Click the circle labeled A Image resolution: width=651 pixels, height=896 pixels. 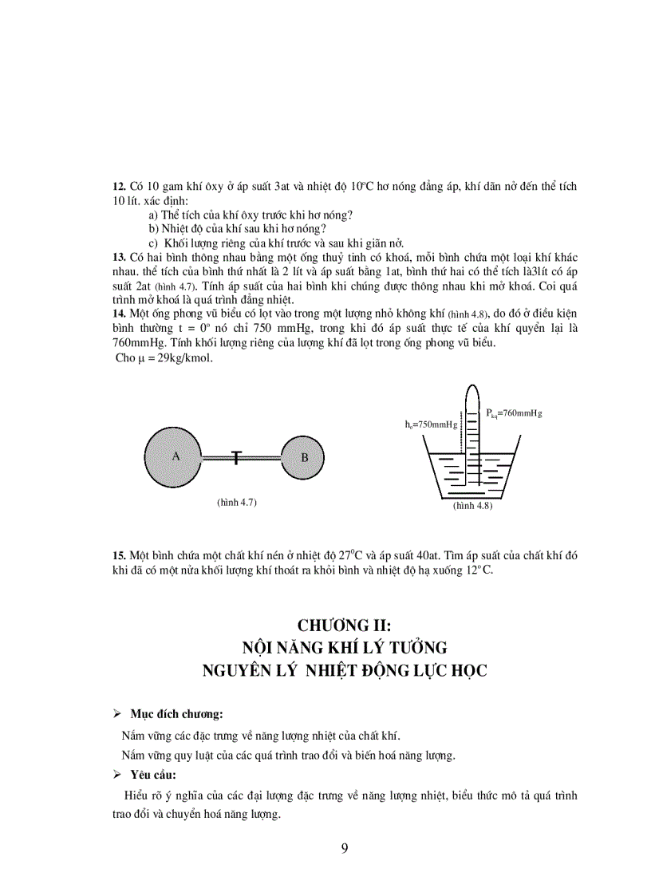pyautogui.click(x=174, y=456)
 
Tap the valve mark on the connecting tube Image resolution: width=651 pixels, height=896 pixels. pyautogui.click(x=236, y=456)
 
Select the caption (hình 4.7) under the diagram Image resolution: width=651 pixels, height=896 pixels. pyautogui.click(x=236, y=502)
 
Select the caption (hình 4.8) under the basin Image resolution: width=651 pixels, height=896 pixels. pyautogui.click(x=472, y=506)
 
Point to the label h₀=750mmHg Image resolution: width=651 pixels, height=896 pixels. pyautogui.click(x=431, y=424)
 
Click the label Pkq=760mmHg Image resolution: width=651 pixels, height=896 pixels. pyautogui.click(x=514, y=412)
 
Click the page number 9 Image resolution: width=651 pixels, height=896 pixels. pyautogui.click(x=345, y=847)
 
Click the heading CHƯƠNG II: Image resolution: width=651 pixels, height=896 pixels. pyautogui.click(x=345, y=625)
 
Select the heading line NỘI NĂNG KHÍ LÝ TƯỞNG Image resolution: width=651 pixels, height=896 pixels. pyautogui.click(x=345, y=647)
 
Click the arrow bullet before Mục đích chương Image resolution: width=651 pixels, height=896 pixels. pyautogui.click(x=116, y=712)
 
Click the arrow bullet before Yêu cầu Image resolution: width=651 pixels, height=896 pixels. pyautogui.click(x=116, y=774)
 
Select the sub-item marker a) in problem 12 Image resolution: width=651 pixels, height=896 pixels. pyautogui.click(x=153, y=215)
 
